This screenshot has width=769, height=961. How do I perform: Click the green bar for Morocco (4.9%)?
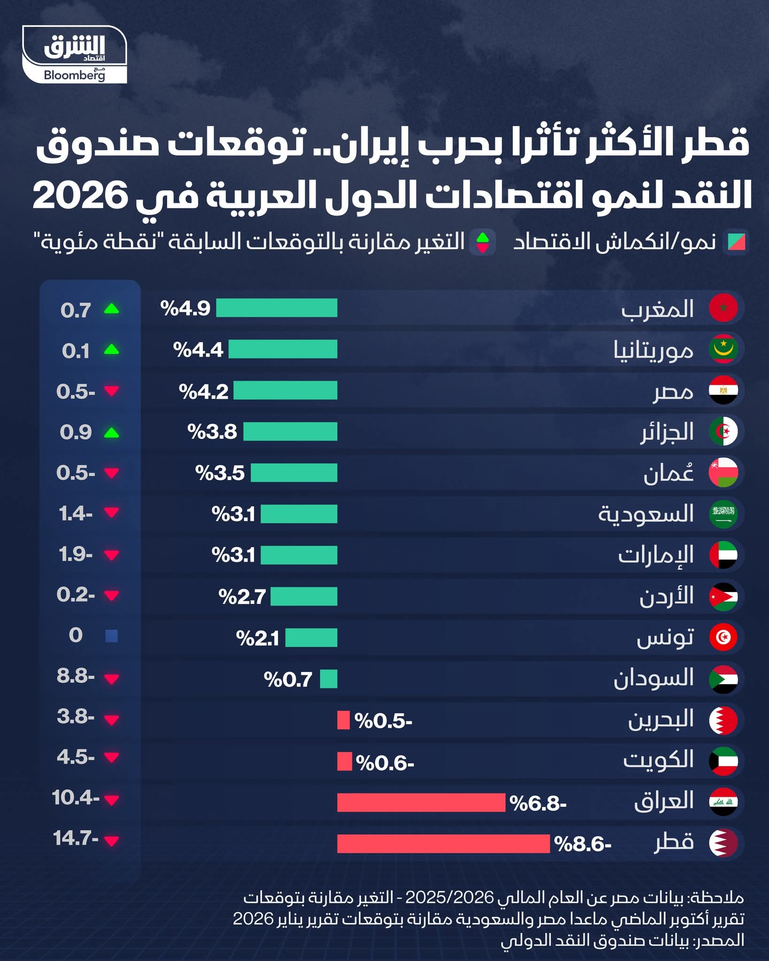(277, 308)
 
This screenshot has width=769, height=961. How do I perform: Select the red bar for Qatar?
(443, 844)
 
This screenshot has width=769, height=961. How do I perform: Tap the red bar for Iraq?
(421, 803)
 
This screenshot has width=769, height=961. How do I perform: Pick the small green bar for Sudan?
(329, 679)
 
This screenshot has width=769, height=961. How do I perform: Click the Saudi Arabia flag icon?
(723, 514)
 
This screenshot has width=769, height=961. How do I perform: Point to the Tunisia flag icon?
(723, 637)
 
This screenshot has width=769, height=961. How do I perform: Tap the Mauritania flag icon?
(723, 349)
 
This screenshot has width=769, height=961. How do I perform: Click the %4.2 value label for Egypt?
(204, 391)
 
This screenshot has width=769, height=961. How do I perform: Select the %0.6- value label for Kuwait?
(385, 763)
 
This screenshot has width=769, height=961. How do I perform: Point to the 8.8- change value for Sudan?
(76, 676)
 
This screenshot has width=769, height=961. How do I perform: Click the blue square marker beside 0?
(112, 636)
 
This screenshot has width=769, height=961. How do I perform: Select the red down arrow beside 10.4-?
(112, 800)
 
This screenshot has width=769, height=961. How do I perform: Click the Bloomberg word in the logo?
(74, 75)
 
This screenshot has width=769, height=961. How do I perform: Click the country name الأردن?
(667, 596)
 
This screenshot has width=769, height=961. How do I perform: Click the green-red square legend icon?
(736, 242)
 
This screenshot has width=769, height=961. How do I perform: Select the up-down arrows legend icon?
(483, 242)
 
